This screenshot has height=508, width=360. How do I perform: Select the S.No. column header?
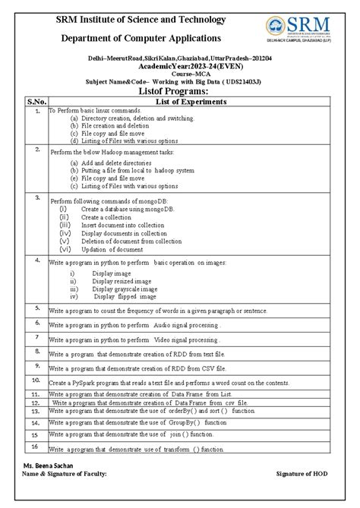tap(36, 100)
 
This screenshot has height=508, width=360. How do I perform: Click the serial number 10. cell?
tap(36, 379)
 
